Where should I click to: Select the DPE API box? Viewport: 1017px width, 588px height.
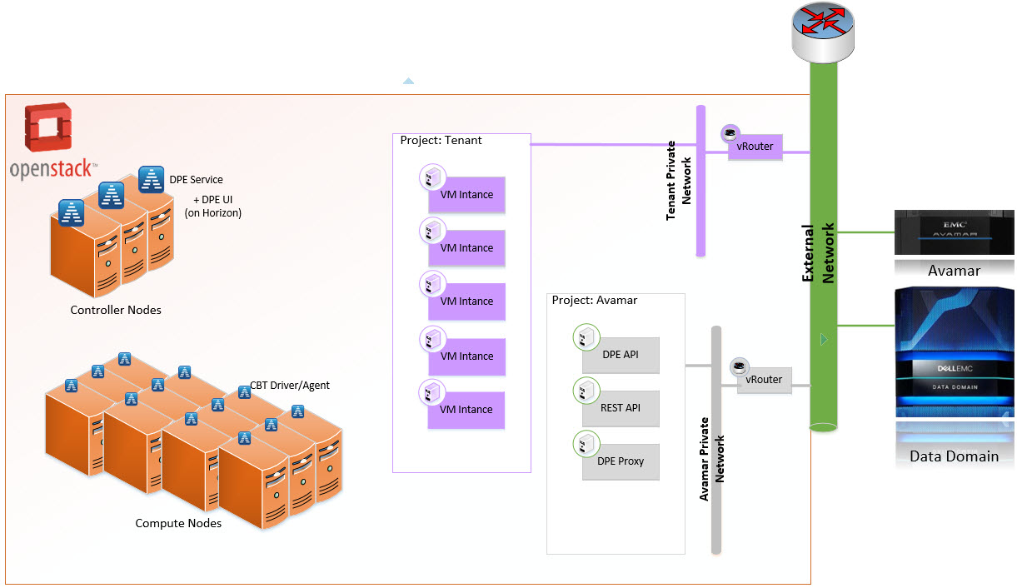(621, 355)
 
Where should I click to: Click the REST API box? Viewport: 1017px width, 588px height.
(621, 408)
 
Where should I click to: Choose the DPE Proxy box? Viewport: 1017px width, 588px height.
(621, 461)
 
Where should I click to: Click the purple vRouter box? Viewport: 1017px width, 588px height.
(755, 147)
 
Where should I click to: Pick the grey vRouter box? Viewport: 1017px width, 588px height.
(764, 380)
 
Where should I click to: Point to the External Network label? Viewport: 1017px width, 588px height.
(818, 253)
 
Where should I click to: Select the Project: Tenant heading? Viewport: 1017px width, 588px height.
(441, 140)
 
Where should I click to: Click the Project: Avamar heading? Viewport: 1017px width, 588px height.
(594, 300)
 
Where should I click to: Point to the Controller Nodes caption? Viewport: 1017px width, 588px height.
(116, 310)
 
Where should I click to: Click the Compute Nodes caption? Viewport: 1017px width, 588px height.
(178, 523)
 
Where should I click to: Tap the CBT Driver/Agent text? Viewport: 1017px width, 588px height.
(290, 386)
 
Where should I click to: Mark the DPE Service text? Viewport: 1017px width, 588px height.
(196, 179)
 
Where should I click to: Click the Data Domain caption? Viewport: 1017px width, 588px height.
(954, 456)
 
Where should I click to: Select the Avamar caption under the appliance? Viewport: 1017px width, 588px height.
(954, 271)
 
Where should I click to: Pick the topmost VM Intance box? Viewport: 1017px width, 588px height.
(466, 195)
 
